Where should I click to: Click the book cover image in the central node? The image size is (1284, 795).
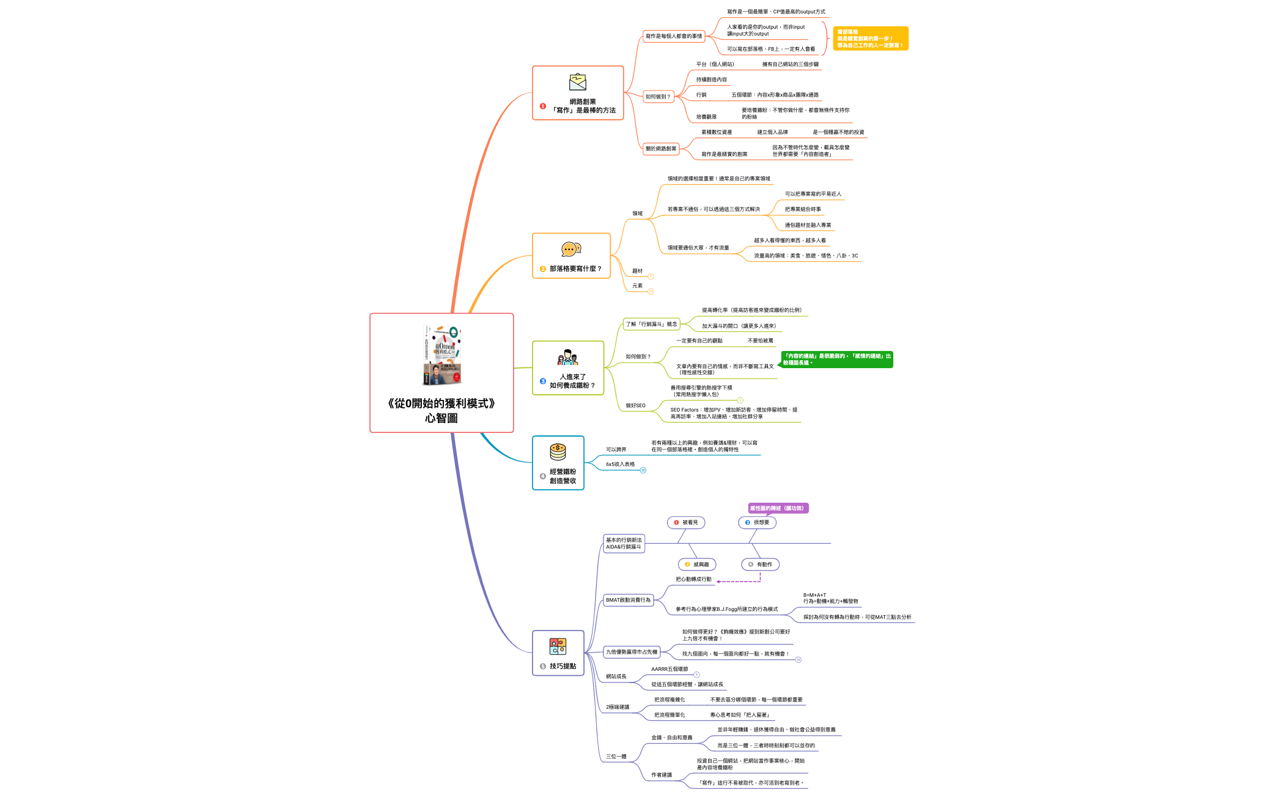pos(441,356)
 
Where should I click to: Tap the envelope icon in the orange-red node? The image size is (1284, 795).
pos(577,82)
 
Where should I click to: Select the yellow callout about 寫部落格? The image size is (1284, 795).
pos(871,39)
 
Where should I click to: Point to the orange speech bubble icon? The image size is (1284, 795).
pos(570,250)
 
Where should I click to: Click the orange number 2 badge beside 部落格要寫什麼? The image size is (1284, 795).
pos(542,269)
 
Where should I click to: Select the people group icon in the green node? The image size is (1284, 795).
pos(567,358)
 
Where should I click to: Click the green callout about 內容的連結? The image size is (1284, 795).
pos(836,360)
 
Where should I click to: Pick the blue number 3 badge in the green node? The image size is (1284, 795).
pos(542,381)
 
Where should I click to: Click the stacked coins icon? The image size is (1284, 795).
pos(558,452)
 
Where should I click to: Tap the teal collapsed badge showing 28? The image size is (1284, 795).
pos(643,470)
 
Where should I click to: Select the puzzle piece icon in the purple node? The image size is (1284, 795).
pos(558,646)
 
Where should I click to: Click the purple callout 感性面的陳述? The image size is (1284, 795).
pos(778,508)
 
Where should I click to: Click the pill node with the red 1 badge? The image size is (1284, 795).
pos(686,522)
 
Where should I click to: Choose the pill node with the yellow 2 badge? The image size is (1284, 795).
pos(697,564)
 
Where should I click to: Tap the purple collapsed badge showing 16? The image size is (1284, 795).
pos(798,660)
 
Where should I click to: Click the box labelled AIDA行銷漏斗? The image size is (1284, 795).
pos(624,544)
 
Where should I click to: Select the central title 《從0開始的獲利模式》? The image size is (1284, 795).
pos(441,410)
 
